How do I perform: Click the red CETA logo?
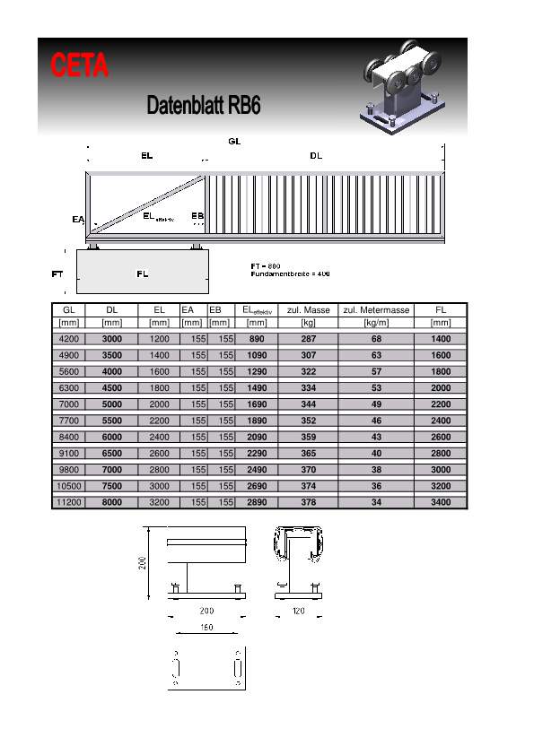coord(80,65)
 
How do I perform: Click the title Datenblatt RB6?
coord(204,105)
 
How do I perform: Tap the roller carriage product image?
coord(402,87)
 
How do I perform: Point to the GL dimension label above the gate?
coord(234,141)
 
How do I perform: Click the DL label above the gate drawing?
coord(316,155)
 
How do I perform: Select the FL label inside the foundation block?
coord(142,273)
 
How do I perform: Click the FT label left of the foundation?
coord(57,274)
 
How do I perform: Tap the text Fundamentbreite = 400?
coord(290,274)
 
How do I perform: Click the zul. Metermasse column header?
coord(376,310)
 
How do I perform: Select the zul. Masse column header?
coord(309,310)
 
